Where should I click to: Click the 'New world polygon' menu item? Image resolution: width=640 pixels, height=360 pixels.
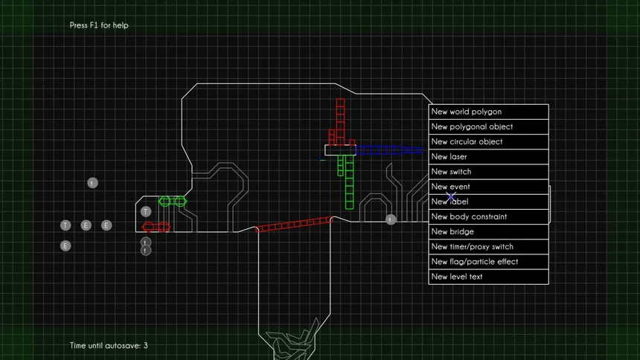[488, 112]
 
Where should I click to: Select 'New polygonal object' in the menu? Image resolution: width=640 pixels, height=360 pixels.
[488, 127]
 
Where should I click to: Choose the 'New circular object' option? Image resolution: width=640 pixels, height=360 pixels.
[488, 141]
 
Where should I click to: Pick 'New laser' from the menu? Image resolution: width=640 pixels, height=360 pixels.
[488, 157]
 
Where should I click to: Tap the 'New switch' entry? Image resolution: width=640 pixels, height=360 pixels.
[488, 172]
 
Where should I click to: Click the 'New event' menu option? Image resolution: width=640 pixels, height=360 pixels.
[488, 187]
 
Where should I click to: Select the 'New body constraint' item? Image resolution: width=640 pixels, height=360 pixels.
[488, 216]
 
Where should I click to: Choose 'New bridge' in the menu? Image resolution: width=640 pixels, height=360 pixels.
[488, 232]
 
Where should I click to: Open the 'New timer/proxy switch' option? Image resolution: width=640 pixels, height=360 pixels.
[488, 247]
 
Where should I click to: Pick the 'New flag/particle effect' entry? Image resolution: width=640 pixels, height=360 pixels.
[488, 262]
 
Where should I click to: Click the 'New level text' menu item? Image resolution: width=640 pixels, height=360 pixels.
[488, 277]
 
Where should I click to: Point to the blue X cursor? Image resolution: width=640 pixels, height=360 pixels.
[451, 197]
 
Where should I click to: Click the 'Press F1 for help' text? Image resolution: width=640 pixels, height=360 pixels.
[99, 25]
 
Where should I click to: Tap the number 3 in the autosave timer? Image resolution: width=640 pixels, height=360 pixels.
[145, 346]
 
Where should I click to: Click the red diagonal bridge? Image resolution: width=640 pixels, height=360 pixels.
[294, 224]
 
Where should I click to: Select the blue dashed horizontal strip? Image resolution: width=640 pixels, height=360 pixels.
[389, 150]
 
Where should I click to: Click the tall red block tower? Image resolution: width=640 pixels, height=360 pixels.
[340, 122]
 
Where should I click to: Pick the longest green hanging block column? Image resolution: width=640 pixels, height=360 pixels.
[349, 182]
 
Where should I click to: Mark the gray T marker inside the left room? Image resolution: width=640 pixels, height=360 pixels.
[146, 211]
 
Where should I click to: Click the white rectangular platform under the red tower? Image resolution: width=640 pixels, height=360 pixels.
[340, 150]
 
